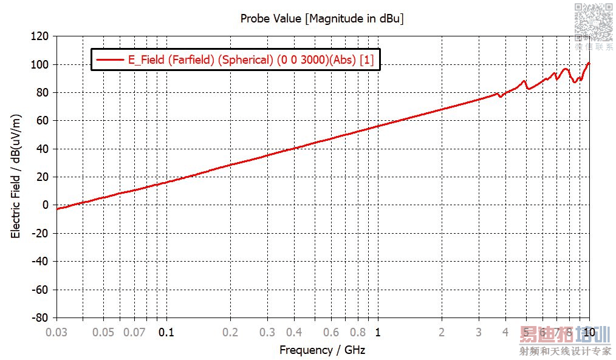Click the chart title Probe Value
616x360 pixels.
322,18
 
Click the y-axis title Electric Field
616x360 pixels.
16,176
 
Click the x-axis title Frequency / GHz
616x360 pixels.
322,350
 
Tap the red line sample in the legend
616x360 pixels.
108,59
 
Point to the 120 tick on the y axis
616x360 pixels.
41,36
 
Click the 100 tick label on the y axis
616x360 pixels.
41,64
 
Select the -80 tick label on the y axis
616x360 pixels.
41,318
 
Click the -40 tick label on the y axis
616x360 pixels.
41,262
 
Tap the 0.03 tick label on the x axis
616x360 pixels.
56,332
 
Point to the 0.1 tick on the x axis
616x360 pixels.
166,332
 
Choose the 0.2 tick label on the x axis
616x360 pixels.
230,332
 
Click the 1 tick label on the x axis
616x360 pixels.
378,332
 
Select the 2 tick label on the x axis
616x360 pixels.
442,332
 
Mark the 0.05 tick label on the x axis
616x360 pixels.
103,332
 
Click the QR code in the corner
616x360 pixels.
593,21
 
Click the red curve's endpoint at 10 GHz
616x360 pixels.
589,63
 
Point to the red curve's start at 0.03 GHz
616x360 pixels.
57,209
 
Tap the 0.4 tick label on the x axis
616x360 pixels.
294,332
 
